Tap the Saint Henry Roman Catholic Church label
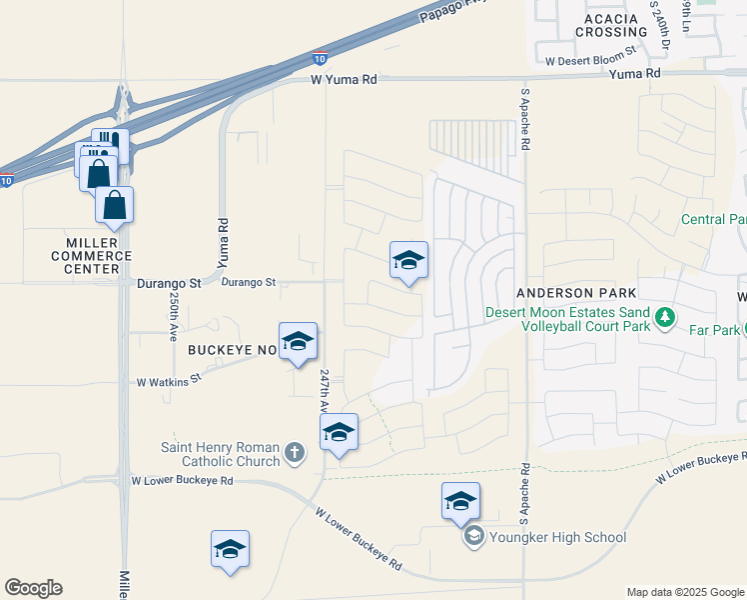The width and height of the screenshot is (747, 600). pyautogui.click(x=221, y=454)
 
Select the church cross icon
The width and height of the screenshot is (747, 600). pyautogui.click(x=295, y=453)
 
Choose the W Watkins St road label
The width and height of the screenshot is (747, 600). pyautogui.click(x=169, y=380)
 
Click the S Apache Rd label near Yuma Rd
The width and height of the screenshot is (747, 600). pyautogui.click(x=525, y=119)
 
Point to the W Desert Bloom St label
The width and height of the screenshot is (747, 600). pyautogui.click(x=590, y=59)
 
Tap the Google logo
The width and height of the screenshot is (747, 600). pyautogui.click(x=33, y=588)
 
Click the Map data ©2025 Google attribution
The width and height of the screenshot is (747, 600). pyautogui.click(x=684, y=592)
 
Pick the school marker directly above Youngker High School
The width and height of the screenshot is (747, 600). pyautogui.click(x=460, y=503)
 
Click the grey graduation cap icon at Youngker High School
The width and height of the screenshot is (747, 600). pyautogui.click(x=472, y=537)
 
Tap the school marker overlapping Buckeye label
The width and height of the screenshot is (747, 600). pyautogui.click(x=298, y=343)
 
